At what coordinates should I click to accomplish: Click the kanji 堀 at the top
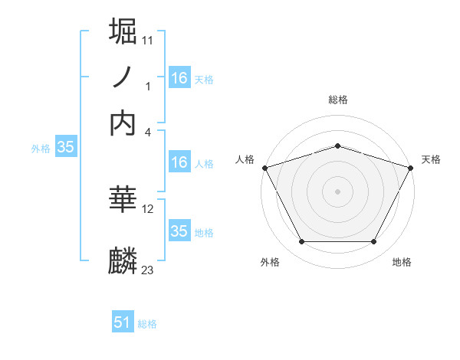pos(123,31)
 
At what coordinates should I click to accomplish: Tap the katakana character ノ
pos(123,77)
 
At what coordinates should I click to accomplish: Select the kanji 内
pos(123,123)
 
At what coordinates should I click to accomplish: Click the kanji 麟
pos(123,261)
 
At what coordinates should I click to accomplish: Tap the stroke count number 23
pos(148,270)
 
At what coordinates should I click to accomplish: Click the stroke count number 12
pos(148,208)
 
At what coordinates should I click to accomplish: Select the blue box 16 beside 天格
pos(179,77)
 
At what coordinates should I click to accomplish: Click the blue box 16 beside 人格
pos(179,162)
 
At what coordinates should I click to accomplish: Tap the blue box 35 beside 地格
pos(179,231)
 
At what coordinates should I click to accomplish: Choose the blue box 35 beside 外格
pos(65,148)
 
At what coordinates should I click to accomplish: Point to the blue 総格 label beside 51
pos(147,324)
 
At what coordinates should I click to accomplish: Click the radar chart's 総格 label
pos(337,100)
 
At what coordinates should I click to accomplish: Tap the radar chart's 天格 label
pos(431,159)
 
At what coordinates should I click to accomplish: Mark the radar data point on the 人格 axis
pos(264,168)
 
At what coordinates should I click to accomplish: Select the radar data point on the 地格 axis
pos(374,242)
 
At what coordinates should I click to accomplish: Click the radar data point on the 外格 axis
pos(301,242)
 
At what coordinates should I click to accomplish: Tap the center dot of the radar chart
pos(337,191)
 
